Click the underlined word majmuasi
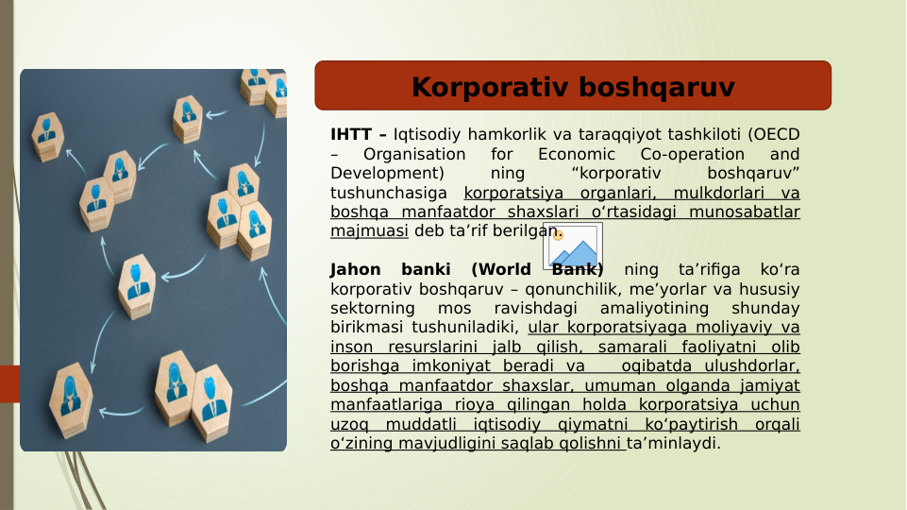(369, 231)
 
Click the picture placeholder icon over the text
(572, 246)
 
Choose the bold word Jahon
(356, 270)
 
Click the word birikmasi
(367, 328)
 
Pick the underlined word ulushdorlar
(751, 366)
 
